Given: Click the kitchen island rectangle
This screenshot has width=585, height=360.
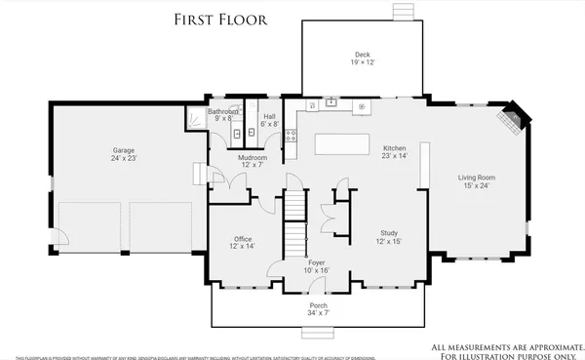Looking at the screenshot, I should pyautogui.click(x=342, y=144).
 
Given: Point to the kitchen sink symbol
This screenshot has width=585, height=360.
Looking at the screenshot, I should pyautogui.click(x=331, y=101).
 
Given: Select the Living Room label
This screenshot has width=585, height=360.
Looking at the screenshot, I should pyautogui.click(x=478, y=181).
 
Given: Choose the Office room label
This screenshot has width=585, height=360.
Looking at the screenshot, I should pyautogui.click(x=243, y=243).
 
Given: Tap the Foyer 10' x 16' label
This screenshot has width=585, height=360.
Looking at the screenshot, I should pyautogui.click(x=316, y=266).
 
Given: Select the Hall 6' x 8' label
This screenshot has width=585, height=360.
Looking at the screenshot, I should pyautogui.click(x=269, y=119).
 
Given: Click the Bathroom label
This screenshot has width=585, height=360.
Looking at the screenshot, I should pyautogui.click(x=222, y=115).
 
